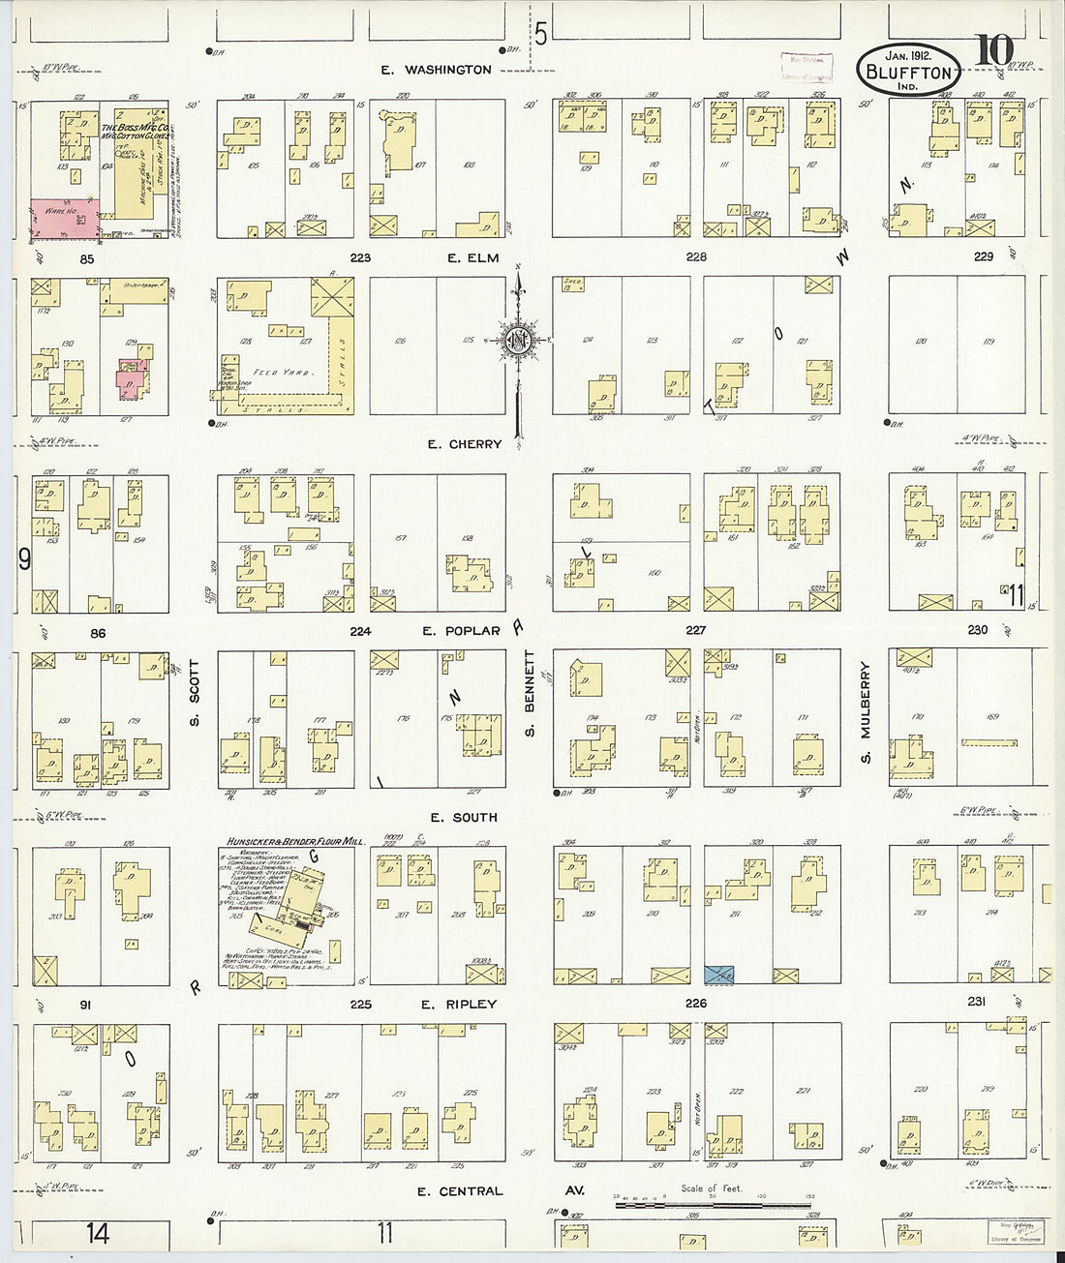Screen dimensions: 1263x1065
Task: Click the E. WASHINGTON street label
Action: (436, 70)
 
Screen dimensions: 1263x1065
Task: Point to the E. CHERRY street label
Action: (465, 444)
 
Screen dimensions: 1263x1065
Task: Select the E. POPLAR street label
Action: (461, 631)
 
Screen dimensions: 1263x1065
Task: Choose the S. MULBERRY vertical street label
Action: (867, 712)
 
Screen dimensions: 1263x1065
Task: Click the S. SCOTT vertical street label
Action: (194, 693)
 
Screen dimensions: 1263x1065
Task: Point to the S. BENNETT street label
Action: (530, 693)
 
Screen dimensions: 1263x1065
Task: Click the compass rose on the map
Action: (519, 341)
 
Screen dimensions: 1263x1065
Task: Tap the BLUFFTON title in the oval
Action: (909, 72)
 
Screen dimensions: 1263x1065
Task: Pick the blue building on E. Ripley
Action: (718, 975)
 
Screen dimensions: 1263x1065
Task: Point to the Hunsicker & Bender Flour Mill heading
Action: (294, 842)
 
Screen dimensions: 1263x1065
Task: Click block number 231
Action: (976, 1003)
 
